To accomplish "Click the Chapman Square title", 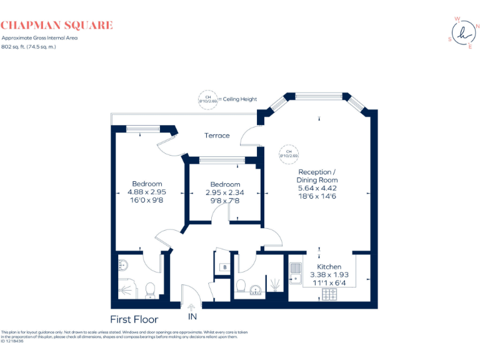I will [57, 26].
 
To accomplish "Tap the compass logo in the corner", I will [462, 33].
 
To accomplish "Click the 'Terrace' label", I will [217, 136].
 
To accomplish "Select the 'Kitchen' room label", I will [329, 267].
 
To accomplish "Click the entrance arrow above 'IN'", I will [191, 306].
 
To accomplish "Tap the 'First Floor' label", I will [134, 319].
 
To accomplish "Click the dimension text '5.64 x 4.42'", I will [317, 188].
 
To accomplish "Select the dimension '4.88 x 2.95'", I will [147, 192].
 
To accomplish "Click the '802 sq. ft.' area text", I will [29, 46].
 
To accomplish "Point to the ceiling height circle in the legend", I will [207, 99].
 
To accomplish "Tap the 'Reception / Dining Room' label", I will [317, 176].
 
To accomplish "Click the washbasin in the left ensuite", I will [122, 264].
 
